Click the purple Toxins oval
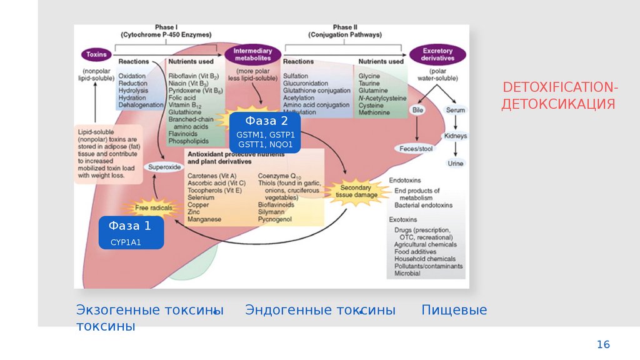click(x=97, y=54)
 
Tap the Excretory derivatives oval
click(x=437, y=54)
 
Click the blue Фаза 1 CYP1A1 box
click(x=131, y=232)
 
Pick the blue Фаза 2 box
click(x=266, y=132)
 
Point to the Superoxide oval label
click(x=164, y=167)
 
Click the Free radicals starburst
click(x=150, y=207)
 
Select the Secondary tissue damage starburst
click(x=356, y=191)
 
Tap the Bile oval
click(x=418, y=110)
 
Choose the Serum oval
click(x=455, y=110)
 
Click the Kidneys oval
click(x=456, y=136)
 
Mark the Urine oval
click(x=456, y=163)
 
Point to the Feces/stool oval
click(x=416, y=149)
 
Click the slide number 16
click(x=603, y=344)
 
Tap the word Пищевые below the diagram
click(x=454, y=310)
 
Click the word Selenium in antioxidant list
click(x=200, y=197)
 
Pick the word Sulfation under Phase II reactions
click(x=296, y=76)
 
